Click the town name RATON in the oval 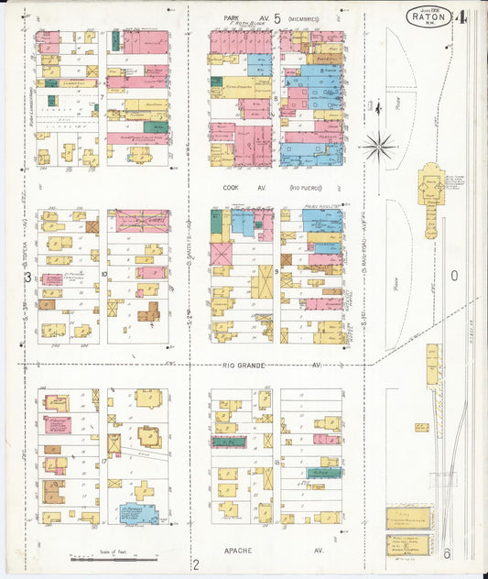(428, 16)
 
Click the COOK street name (231, 187)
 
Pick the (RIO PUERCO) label (307, 187)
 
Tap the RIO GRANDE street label (244, 365)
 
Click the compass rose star (378, 145)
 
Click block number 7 (102, 95)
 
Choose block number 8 (275, 95)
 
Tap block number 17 (103, 461)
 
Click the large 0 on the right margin (453, 275)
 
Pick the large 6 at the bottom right (447, 553)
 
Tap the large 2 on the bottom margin (195, 563)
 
